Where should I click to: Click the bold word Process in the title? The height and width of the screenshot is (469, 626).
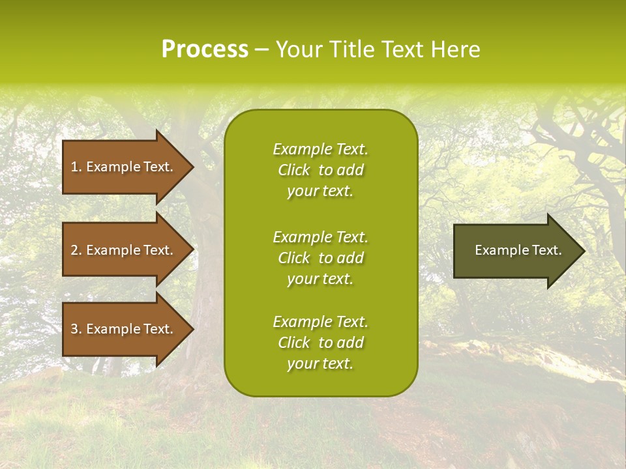[x=205, y=50]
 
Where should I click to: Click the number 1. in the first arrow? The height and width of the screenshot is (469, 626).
[x=76, y=167]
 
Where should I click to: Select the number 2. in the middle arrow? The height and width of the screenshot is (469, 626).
[x=76, y=250]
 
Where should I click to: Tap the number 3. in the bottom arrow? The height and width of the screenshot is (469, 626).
[x=76, y=329]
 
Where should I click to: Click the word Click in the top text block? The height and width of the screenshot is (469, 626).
[x=293, y=170]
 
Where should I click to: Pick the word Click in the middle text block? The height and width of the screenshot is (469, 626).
[x=293, y=258]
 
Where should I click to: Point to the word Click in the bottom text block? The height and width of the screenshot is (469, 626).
[x=293, y=343]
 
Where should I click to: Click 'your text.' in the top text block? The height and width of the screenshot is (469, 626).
[x=320, y=191]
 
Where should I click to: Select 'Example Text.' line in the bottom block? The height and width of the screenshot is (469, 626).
[x=320, y=322]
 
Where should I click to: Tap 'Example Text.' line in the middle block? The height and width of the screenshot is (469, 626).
[x=320, y=237]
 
